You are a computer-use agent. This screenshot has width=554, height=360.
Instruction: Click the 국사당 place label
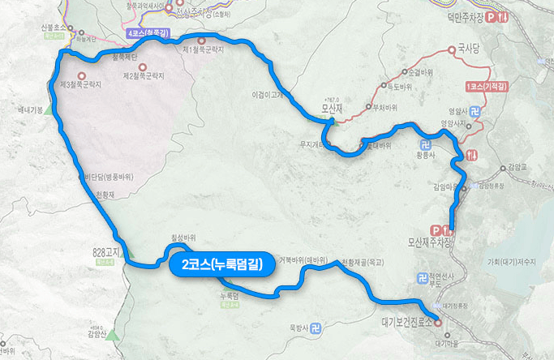[469, 49]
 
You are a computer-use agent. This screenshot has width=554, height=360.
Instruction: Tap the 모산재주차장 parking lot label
[431, 242]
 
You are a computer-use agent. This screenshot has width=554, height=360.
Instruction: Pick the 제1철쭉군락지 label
[203, 50]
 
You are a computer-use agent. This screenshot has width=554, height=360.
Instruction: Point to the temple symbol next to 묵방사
[316, 328]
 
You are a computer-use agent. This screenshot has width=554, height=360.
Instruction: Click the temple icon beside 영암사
[475, 112]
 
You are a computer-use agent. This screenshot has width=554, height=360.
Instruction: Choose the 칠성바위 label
[184, 238]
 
